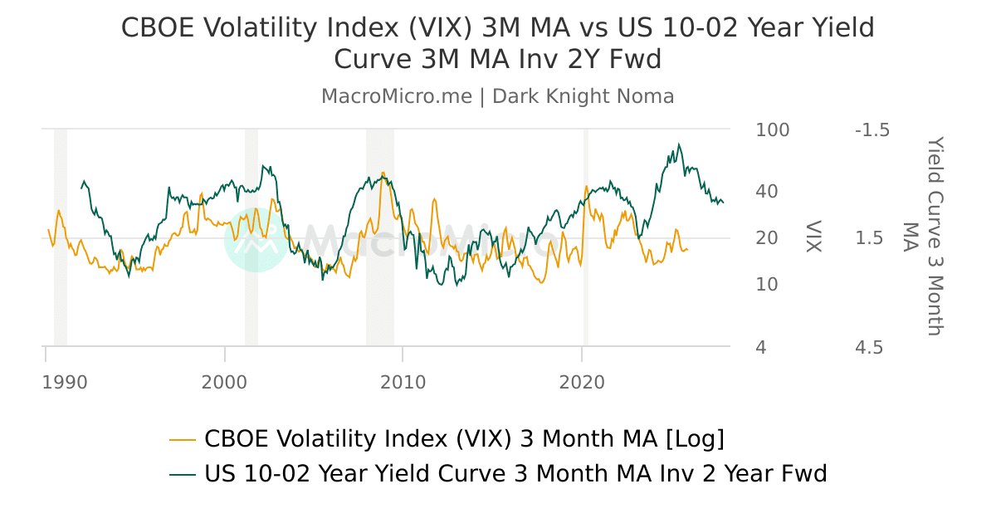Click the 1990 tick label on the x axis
click(x=65, y=383)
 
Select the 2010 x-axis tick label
click(x=403, y=383)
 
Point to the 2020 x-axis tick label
click(x=582, y=383)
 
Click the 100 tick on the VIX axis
click(x=773, y=130)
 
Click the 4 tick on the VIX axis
click(x=761, y=347)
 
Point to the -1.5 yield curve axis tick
click(x=871, y=130)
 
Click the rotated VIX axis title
click(x=813, y=237)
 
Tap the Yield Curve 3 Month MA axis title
click(x=923, y=237)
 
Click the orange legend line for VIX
click(x=183, y=438)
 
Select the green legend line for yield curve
click(x=183, y=474)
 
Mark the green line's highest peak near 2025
click(x=679, y=144)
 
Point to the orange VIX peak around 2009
click(x=383, y=174)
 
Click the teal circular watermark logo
click(x=256, y=240)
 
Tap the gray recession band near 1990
click(x=61, y=237)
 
